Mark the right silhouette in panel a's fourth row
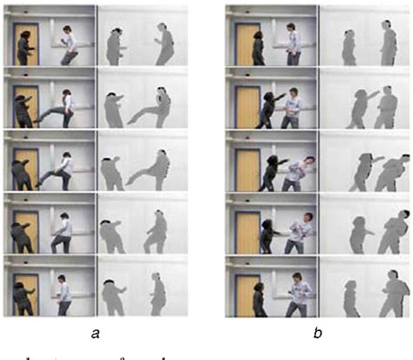click(157, 231)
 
